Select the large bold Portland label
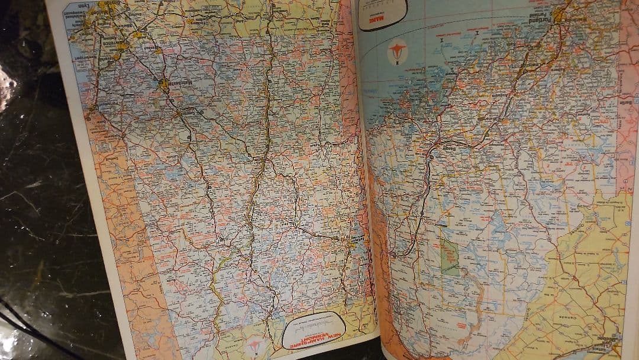click(x=551, y=21)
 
